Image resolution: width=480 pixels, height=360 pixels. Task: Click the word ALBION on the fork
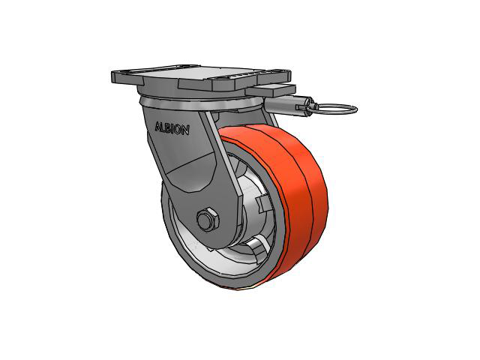coord(172,128)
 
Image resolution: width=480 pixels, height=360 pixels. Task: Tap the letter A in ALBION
coord(158,127)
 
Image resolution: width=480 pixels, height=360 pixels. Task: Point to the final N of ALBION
coord(185,130)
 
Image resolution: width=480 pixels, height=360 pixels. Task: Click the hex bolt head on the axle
coord(208,220)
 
